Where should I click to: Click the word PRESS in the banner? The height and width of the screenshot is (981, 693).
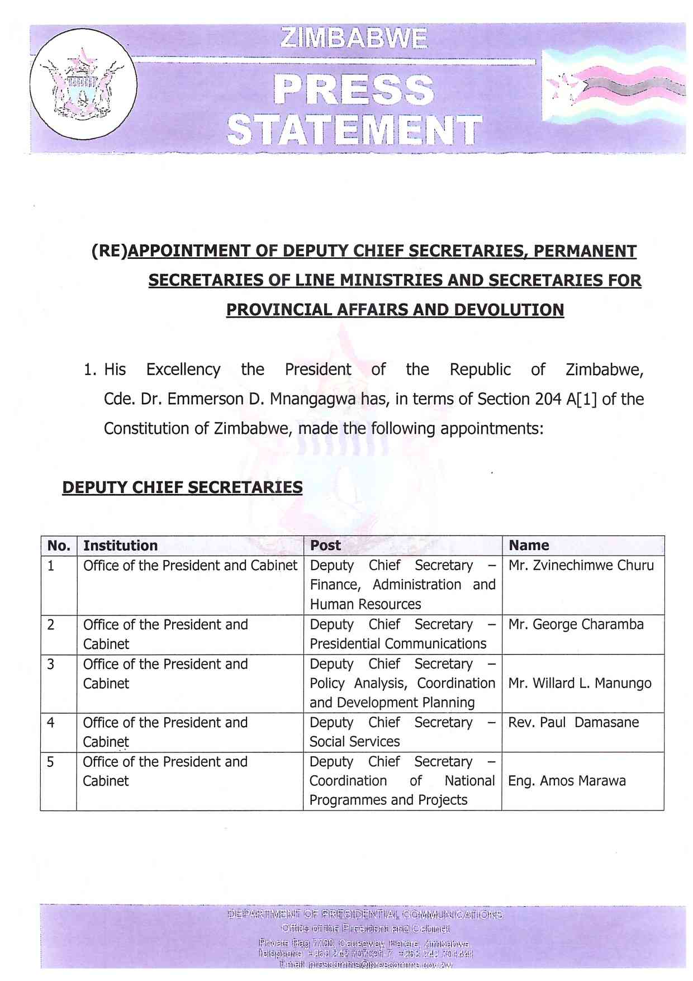pos(354,90)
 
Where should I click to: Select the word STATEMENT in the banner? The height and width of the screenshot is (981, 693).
pos(354,130)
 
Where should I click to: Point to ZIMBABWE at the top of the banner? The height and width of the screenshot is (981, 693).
pos(354,39)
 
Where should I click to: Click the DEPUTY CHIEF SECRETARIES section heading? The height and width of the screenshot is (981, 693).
pos(182,487)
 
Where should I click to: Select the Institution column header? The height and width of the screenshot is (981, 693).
pos(120,546)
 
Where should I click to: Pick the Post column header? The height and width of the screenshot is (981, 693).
pos(325,546)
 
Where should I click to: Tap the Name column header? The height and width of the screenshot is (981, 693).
pos(529,546)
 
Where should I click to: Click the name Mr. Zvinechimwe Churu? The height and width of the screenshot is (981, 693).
pos(581,565)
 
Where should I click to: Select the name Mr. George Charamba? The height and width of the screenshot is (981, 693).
pos(576,624)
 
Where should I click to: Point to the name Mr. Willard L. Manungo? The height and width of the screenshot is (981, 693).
pos(580,683)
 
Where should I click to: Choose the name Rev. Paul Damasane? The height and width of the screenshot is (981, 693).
pos(573,722)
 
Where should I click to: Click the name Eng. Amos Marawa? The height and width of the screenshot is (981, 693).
pos(567,781)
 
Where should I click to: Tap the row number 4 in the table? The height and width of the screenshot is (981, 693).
pos(51,723)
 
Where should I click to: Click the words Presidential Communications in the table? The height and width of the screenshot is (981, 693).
pos(398,644)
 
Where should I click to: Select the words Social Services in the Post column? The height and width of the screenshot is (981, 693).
pos(355,742)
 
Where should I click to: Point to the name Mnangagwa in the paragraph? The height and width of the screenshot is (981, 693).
pos(315,399)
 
